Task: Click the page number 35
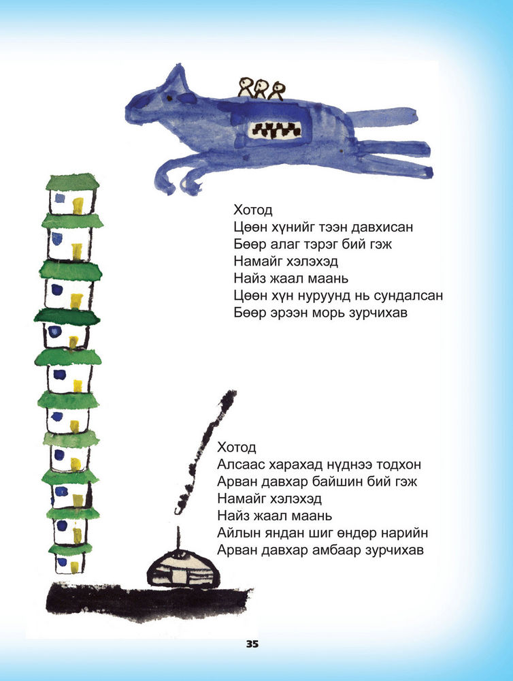pos(252,644)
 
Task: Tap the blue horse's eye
pos(169,98)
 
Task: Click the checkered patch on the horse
pos(275,130)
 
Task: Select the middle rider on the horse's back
pos(261,89)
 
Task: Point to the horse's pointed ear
pos(178,78)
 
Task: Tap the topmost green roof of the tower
pos(73,182)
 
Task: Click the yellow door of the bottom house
pos(75,567)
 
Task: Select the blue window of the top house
pos(60,198)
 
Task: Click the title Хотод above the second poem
pos(237,447)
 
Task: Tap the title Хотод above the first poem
pos(253,210)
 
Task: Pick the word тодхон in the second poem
pos(399,464)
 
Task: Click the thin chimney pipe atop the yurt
pos(178,538)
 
